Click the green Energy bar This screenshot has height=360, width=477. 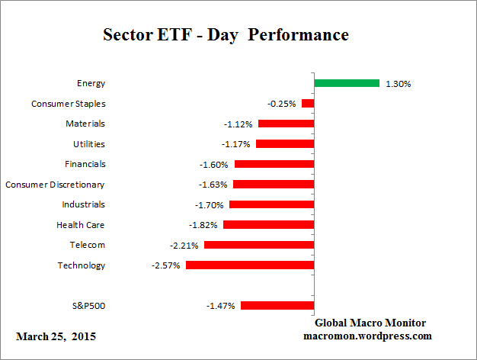347,83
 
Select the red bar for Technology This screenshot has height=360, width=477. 250,265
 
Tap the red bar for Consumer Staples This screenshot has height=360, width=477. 308,103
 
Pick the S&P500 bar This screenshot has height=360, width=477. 277,306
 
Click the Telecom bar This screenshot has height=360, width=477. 259,245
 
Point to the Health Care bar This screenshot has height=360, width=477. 268,225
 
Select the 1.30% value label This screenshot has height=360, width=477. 398,84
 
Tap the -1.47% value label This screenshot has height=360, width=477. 222,306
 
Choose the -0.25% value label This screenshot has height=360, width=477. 283,104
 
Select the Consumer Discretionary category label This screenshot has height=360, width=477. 55,185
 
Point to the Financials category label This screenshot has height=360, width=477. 85,164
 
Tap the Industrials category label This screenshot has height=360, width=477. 83,204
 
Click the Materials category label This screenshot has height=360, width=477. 85,124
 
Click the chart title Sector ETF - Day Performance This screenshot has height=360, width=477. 226,35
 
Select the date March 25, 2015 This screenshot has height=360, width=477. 56,336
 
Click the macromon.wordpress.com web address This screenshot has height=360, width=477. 367,336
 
